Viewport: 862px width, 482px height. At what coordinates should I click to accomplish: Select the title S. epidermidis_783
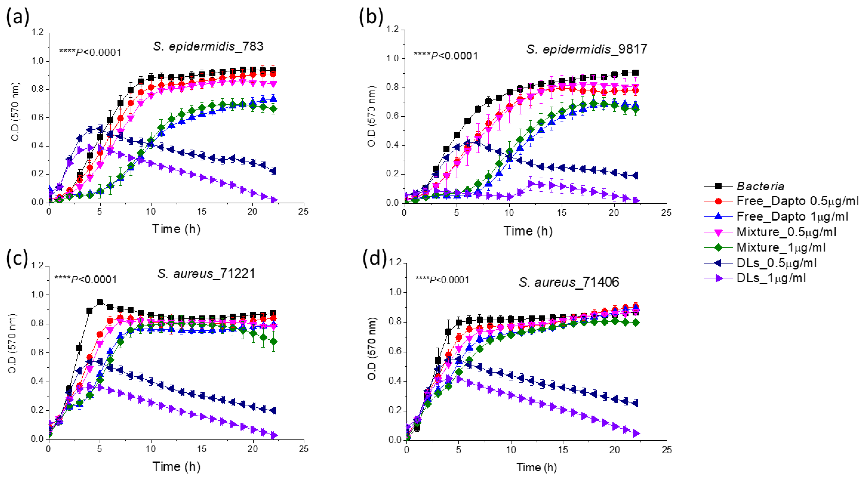(208, 46)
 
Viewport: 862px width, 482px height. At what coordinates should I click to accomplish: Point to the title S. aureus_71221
(206, 273)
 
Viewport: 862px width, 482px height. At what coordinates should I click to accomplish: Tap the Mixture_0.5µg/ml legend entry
(786, 232)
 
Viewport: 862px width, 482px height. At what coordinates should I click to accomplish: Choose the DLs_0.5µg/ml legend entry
(776, 262)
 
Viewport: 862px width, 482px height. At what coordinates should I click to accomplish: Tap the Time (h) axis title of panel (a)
(176, 229)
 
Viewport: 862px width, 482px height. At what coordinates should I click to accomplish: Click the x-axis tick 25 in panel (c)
(303, 449)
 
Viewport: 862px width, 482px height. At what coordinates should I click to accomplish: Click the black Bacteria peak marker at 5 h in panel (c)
(100, 302)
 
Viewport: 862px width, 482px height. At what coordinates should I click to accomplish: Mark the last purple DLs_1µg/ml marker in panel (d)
(635, 433)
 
